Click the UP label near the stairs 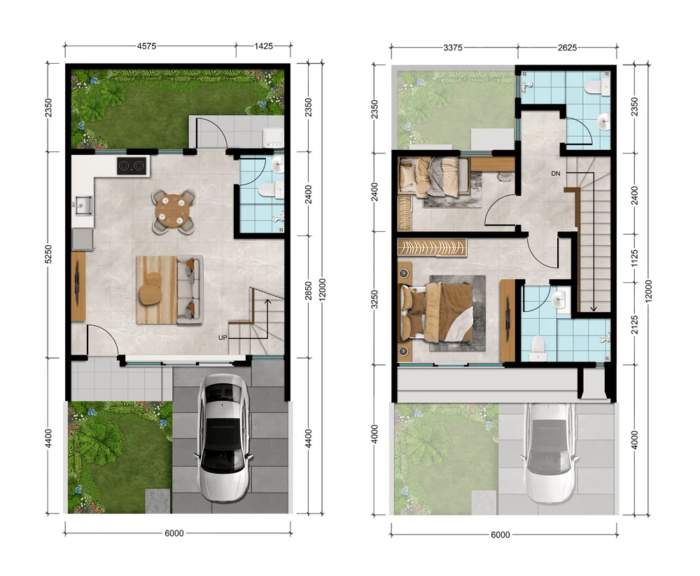coord(223,337)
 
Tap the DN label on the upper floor coord(555,173)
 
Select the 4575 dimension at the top coord(146,46)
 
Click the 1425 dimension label coord(263,46)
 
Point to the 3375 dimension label coord(453,48)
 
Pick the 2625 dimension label coord(567,48)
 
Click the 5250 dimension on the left coord(49,254)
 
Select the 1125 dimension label coord(635,259)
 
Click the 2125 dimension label coord(635,325)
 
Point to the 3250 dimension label coord(374,299)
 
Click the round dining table coord(174,211)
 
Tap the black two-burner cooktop coord(132,166)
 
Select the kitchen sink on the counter coord(83,205)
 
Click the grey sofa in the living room coord(190,289)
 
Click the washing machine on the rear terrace coord(273,138)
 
